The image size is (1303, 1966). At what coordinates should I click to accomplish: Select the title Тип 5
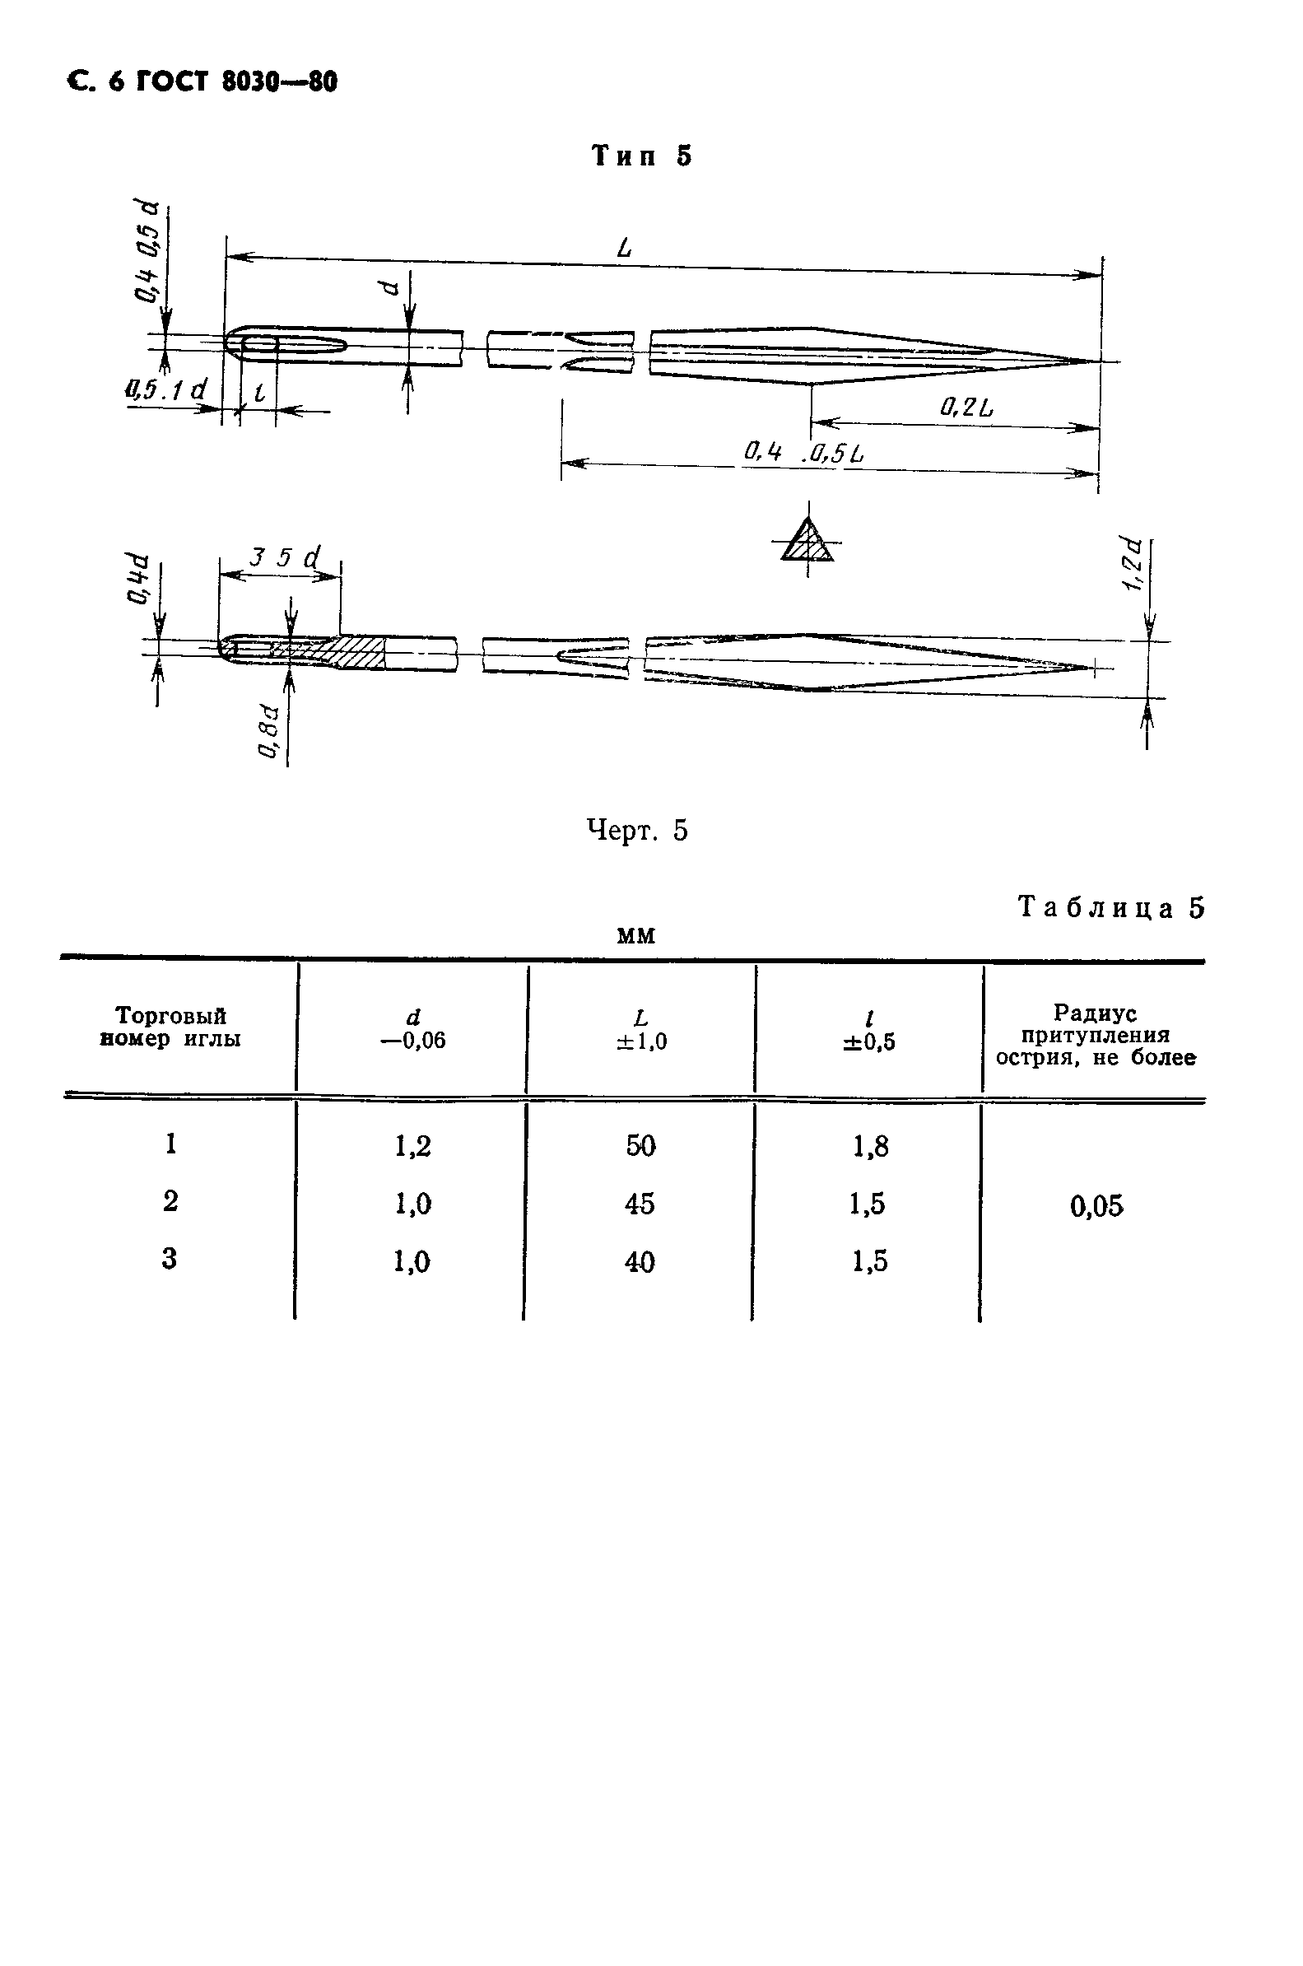(641, 156)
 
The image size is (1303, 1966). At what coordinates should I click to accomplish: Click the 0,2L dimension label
(966, 408)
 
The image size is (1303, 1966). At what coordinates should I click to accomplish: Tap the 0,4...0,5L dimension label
(803, 453)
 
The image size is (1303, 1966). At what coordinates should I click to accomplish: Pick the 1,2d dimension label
(1133, 565)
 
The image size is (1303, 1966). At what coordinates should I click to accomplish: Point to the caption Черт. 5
(637, 830)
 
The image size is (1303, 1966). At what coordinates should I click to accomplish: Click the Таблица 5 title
(1111, 907)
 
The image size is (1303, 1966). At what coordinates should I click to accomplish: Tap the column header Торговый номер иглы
(170, 1027)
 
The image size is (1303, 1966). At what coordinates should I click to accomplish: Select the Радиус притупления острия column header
(1096, 1036)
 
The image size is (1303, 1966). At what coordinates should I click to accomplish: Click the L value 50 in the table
(640, 1146)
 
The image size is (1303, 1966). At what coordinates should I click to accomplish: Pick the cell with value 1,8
(870, 1147)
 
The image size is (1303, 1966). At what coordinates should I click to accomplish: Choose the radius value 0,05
(1097, 1205)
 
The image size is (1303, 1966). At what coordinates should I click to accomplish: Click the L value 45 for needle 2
(640, 1203)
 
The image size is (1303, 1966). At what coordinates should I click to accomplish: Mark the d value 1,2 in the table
(413, 1147)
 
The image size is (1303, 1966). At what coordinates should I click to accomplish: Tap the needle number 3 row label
(170, 1259)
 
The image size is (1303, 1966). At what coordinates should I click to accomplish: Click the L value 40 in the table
(640, 1262)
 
